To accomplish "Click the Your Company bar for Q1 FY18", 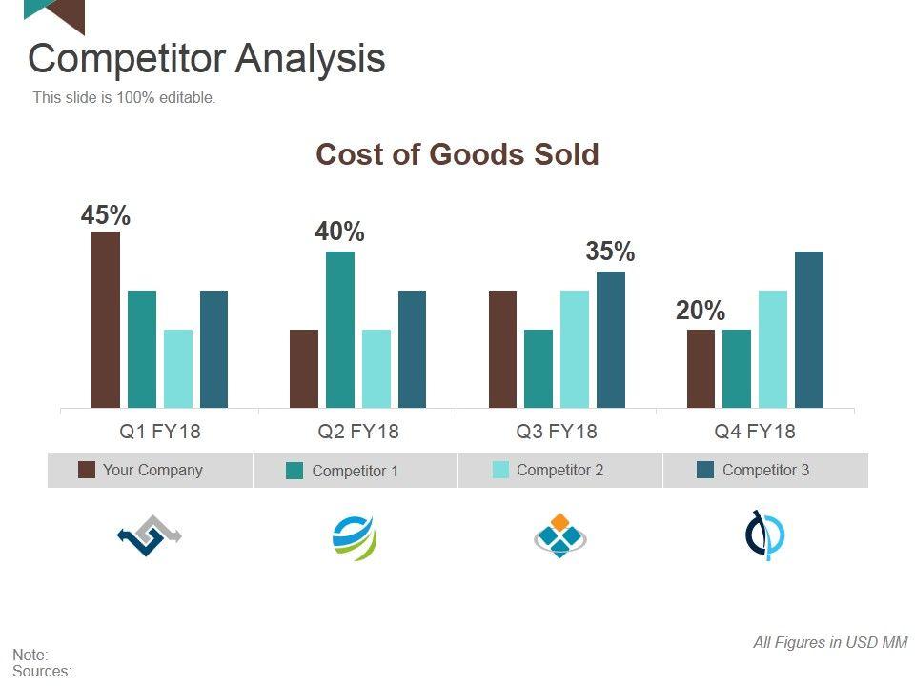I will coord(106,319).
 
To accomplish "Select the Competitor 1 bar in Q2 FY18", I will coord(340,330).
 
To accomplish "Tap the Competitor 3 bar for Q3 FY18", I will coord(611,339).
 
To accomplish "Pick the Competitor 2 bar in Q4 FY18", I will coord(773,349).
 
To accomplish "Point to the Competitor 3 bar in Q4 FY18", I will coord(809,330).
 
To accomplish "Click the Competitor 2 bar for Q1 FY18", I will coord(178,369).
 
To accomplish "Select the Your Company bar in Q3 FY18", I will coord(502,349).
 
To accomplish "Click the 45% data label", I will coord(106,216).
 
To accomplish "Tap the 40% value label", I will coord(340,232).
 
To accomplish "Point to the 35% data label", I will coord(610,252).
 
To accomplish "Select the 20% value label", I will coord(701,312).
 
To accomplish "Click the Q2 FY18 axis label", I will coord(358,432).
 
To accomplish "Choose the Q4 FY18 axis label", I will coord(755,432).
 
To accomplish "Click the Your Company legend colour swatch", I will coord(87,470).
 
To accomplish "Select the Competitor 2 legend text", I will coord(559,470).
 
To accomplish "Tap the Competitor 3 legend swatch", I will coord(706,470).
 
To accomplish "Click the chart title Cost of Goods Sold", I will coord(457,154).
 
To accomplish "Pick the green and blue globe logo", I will coord(355,538).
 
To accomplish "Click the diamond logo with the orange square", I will coord(559,535).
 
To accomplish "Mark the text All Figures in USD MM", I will coord(830,643).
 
